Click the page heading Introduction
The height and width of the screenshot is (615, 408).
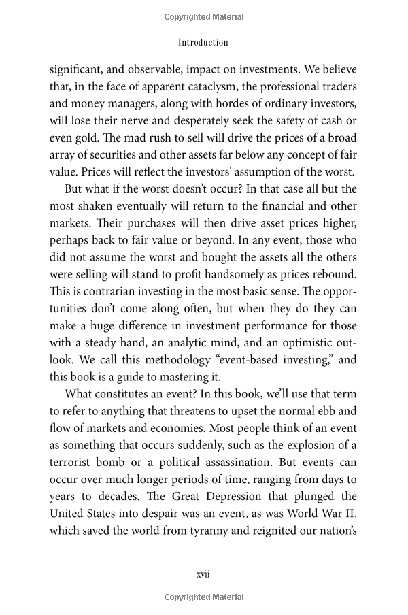pos(203,42)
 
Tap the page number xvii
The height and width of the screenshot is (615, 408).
pos(203,574)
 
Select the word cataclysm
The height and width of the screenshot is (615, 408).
pos(210,87)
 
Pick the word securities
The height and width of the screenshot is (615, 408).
pos(132,158)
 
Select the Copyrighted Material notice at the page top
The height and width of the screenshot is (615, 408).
pos(203,16)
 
